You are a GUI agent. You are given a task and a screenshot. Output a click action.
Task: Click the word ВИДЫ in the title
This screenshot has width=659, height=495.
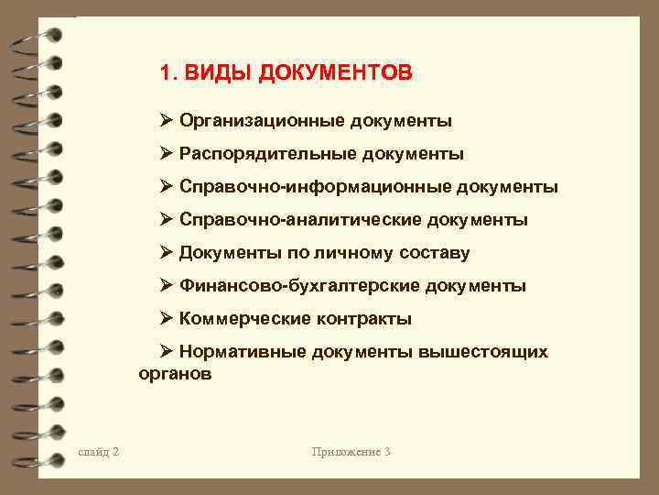pyautogui.click(x=220, y=72)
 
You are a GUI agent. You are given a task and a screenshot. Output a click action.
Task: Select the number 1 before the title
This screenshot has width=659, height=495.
pyautogui.click(x=166, y=72)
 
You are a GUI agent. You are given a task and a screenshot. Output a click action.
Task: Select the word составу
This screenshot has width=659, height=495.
pyautogui.click(x=432, y=253)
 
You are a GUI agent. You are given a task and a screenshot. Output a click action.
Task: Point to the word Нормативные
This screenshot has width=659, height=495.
pyautogui.click(x=243, y=352)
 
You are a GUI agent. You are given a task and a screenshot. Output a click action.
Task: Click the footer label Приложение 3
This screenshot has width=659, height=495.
pyautogui.click(x=351, y=452)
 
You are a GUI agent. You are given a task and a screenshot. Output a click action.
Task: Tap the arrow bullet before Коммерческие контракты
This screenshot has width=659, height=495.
pyautogui.click(x=167, y=319)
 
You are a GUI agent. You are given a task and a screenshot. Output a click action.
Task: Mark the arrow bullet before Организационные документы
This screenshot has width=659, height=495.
pyautogui.click(x=167, y=121)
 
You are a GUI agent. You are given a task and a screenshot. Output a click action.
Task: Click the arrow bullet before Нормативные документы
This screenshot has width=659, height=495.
pyautogui.click(x=167, y=352)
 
